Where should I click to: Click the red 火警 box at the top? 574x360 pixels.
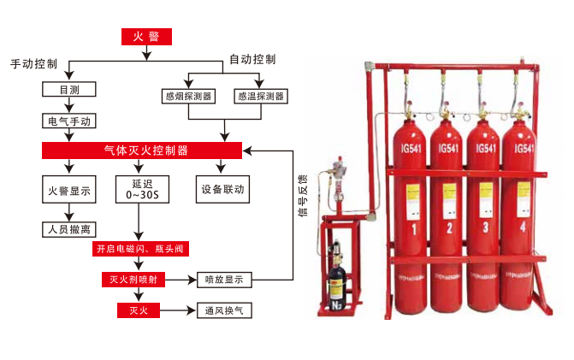coord(146,36)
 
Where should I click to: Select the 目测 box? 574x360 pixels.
coord(69,89)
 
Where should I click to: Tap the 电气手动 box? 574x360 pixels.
coord(69,121)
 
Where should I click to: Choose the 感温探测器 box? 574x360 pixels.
coord(261,96)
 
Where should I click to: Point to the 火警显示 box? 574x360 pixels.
coord(69,189)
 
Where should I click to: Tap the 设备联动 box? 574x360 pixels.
coord(223,189)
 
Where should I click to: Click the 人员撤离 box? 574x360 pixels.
coord(69,228)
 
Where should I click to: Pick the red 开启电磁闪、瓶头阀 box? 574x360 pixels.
coord(139,249)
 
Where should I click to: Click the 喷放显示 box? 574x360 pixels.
coord(224,280)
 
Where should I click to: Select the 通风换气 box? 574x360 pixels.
coord(224,310)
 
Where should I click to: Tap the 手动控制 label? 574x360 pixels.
coord(35,64)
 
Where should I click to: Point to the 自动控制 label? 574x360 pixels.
coord(252,60)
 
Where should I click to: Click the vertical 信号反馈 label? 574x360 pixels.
coord(303,194)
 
